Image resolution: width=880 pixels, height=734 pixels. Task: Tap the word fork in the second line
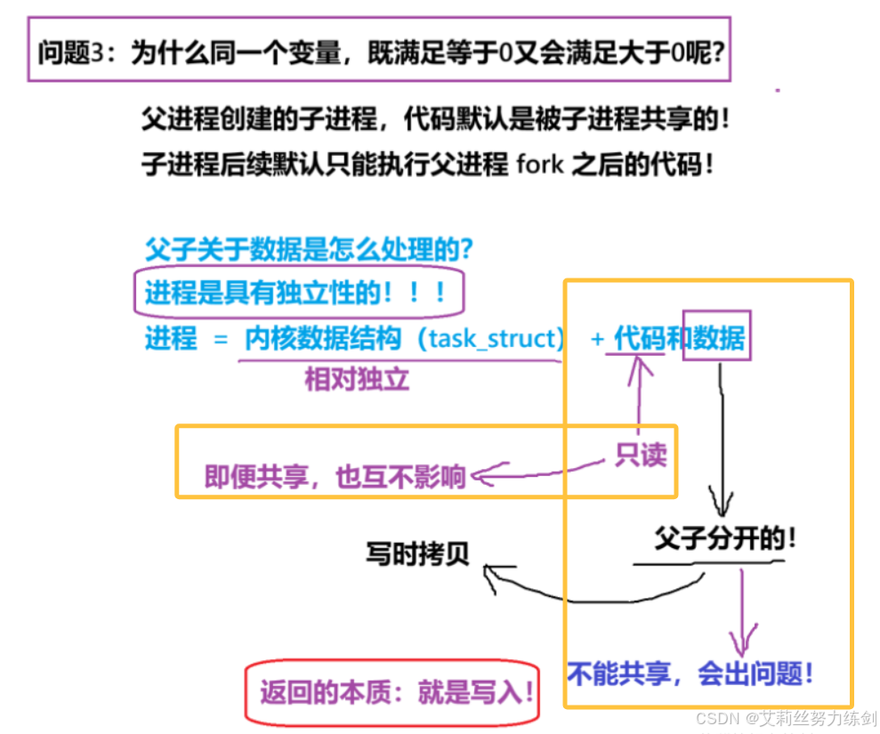539,165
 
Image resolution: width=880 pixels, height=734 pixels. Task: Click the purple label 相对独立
357,380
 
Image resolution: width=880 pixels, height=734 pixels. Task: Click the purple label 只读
641,456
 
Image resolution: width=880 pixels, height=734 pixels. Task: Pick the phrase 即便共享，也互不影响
335,477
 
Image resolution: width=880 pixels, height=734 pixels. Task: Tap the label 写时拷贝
416,553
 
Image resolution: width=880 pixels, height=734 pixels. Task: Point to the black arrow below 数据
723,436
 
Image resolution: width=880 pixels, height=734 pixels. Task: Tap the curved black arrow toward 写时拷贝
596,592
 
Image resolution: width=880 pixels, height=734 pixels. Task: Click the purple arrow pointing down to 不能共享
741,614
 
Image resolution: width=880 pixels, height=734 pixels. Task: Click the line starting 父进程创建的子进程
435,120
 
